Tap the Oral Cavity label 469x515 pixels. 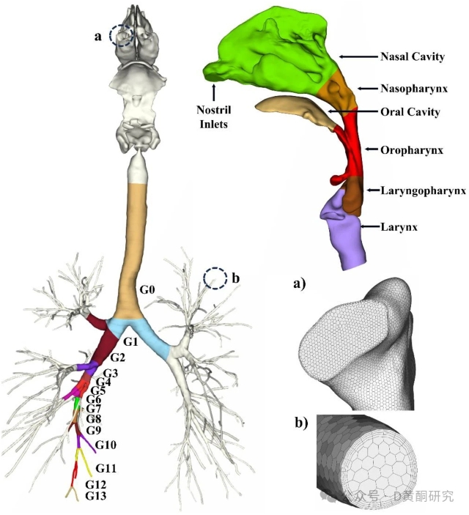click(x=410, y=112)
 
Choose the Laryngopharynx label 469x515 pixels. click(x=424, y=190)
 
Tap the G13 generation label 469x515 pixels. click(x=97, y=496)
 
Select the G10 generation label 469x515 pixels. click(x=106, y=445)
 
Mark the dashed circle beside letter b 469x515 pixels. click(x=215, y=278)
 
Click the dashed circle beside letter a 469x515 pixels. click(x=121, y=34)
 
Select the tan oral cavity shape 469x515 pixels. click(x=293, y=110)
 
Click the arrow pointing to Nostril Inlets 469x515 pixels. click(x=213, y=92)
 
